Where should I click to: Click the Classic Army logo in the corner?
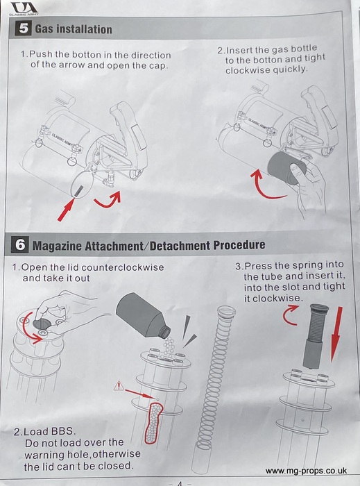click(x=24, y=8)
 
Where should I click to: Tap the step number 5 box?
click(x=23, y=28)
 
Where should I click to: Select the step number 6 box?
click(x=20, y=245)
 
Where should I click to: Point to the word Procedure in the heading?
click(x=239, y=245)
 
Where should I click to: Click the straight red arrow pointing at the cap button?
click(x=66, y=210)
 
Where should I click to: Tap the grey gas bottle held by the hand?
click(x=286, y=168)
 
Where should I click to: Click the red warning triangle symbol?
click(x=119, y=386)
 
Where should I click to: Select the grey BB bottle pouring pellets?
click(x=143, y=316)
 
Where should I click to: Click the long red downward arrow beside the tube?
click(x=337, y=334)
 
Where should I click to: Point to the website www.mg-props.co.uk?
click(x=306, y=471)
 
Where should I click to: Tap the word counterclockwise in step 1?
click(x=123, y=267)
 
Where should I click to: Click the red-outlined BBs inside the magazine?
click(x=153, y=423)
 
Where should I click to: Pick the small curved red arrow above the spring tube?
click(x=291, y=315)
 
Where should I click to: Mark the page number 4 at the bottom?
click(x=180, y=483)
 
